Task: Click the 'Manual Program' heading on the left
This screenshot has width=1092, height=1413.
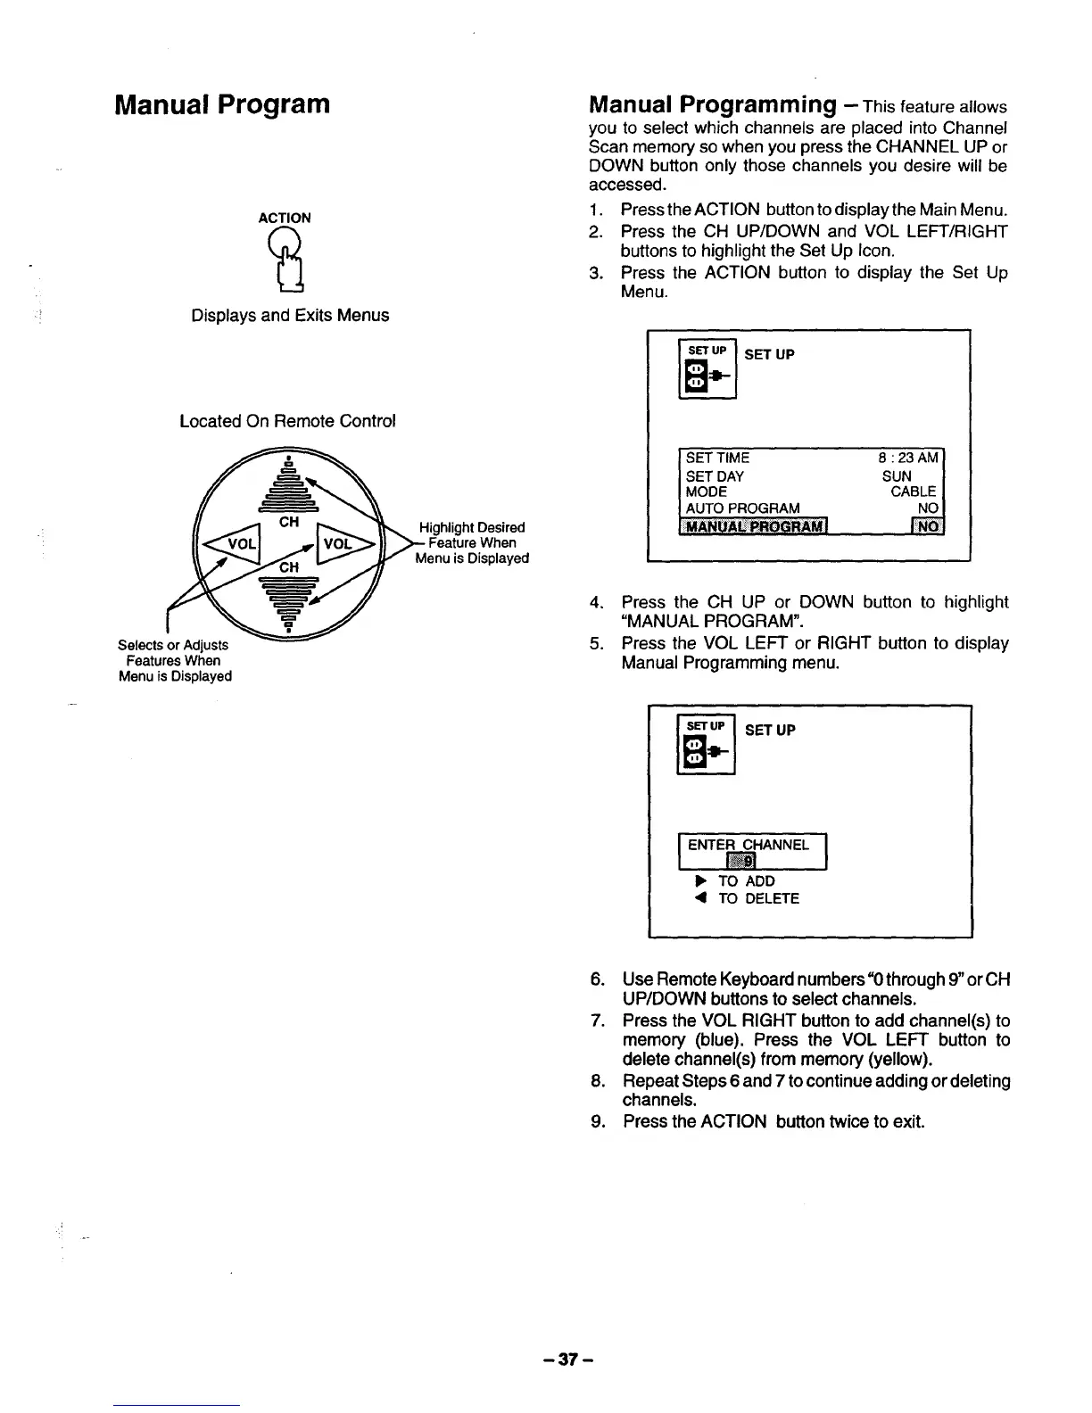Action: (222, 104)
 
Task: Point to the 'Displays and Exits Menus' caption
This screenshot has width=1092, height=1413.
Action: (290, 315)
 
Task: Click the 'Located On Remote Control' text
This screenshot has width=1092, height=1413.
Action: (287, 421)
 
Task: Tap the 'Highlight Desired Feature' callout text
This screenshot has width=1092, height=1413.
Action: (472, 542)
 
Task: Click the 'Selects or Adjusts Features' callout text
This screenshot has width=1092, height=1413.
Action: (174, 660)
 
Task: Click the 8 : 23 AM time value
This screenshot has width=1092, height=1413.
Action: (908, 458)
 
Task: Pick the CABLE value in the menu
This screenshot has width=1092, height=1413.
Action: (913, 492)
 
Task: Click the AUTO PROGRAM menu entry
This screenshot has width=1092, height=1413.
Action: (742, 508)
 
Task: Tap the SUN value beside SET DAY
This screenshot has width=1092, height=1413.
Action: (897, 475)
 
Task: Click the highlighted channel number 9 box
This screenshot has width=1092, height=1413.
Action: (742, 861)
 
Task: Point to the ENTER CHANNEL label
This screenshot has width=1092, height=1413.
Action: (748, 844)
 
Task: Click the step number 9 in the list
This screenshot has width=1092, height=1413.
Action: (598, 1120)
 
